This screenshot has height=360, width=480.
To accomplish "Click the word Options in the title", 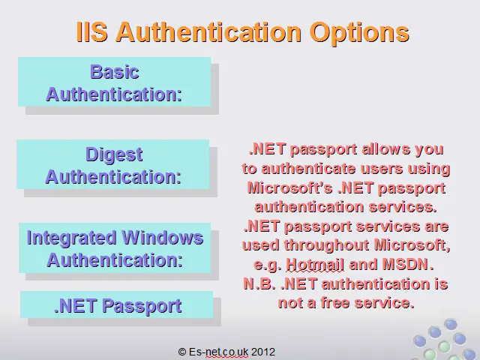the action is (359, 33).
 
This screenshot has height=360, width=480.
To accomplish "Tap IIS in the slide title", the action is (91, 31).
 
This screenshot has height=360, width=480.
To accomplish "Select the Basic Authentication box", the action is (114, 82).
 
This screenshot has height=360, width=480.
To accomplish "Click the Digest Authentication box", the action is (113, 164).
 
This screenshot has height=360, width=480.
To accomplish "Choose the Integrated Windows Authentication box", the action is (115, 248).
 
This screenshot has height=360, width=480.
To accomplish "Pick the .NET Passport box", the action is (117, 304).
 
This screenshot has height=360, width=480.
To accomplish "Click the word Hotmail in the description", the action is (315, 264).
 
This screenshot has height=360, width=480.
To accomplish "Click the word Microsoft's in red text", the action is (289, 187).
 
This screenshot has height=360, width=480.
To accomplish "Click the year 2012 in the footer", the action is (263, 352).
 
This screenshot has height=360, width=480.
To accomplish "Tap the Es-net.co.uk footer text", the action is (218, 352).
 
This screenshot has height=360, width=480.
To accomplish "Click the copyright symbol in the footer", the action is (182, 352).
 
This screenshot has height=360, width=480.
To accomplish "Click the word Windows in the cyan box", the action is (162, 238).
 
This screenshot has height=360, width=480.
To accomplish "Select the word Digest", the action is (114, 155).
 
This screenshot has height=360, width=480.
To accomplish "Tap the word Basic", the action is (115, 72).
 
